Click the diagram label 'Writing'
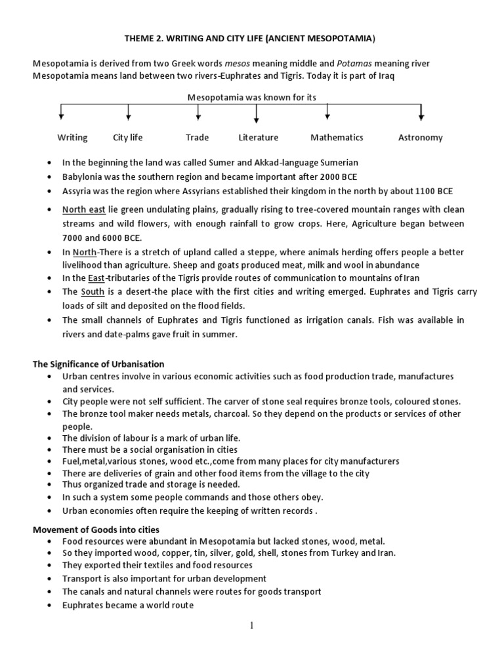tap(72, 137)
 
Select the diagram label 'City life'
tap(127, 137)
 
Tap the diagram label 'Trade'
tap(197, 137)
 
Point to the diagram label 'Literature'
tap(258, 137)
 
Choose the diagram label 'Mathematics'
tap(337, 137)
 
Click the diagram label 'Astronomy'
tap(420, 137)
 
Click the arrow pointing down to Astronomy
tap(421, 113)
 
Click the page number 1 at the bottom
tap(251, 625)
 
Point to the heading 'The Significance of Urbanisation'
tap(98, 364)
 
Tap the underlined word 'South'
tap(93, 291)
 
